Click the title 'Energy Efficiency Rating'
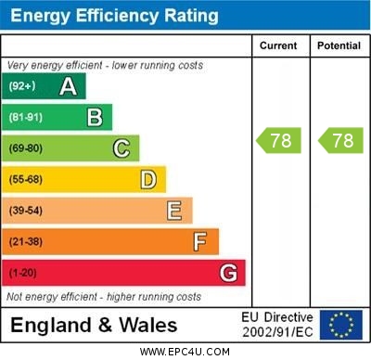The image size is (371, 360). [114, 16]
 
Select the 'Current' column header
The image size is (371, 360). [278, 45]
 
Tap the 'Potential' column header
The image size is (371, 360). [338, 45]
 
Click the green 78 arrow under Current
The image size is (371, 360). [279, 141]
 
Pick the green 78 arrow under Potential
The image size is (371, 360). [339, 141]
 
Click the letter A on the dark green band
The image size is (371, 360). [68, 87]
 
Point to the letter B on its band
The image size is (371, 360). [95, 118]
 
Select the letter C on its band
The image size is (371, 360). [122, 148]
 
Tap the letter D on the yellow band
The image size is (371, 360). [148, 179]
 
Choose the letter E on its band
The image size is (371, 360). [174, 211]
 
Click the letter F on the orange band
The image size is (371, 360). [200, 242]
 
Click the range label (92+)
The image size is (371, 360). [21, 87]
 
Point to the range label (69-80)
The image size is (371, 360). [26, 148]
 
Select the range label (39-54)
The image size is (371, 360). [26, 211]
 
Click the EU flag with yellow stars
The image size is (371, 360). [341, 325]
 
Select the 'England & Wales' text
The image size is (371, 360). [94, 326]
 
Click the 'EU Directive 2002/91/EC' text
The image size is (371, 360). [277, 325]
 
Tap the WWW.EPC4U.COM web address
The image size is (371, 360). [185, 352]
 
